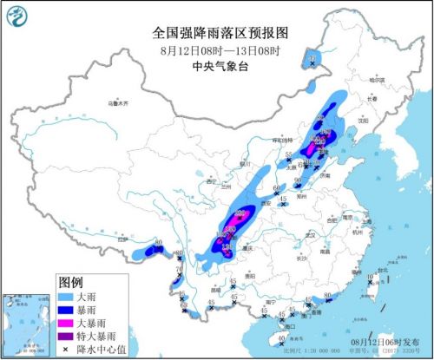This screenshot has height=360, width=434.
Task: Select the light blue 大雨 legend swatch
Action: tap(71, 298)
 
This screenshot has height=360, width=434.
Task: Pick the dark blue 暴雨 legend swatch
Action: tap(71, 310)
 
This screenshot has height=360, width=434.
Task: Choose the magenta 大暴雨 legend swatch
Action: tap(71, 323)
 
